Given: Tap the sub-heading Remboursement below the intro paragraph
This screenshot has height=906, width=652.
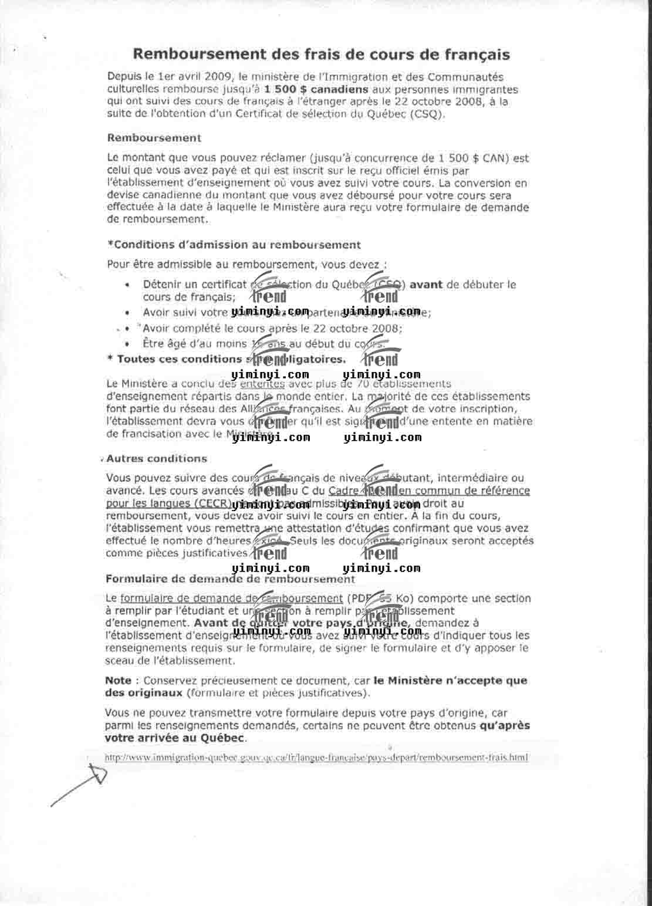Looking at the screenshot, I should [x=154, y=138].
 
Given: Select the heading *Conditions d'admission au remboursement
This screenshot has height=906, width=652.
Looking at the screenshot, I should [x=234, y=245].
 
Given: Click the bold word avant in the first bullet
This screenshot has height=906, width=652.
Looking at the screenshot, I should [x=426, y=285].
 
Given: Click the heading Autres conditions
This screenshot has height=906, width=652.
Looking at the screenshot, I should [x=157, y=458].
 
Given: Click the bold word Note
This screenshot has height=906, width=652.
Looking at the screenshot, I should [x=118, y=681].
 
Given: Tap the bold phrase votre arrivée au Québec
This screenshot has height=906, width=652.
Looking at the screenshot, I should [x=175, y=738].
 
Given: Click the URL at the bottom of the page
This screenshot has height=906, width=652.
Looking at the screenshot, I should [x=316, y=758].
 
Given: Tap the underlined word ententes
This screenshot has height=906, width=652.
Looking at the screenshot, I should [x=262, y=384].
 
